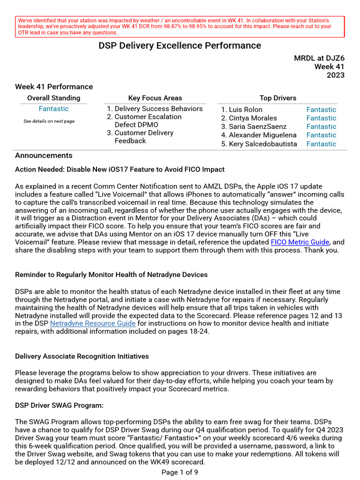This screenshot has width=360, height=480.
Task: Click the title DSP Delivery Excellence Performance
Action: pyautogui.click(x=180, y=45)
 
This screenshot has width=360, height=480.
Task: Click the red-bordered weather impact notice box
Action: pyautogui.click(x=180, y=27)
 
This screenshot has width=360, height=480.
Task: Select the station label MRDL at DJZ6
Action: pyautogui.click(x=319, y=58)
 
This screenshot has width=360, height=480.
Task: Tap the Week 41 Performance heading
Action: pyautogui.click(x=54, y=87)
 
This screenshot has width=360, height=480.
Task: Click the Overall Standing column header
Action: pyautogui.click(x=53, y=98)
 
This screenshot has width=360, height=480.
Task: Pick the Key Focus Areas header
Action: pyautogui.click(x=155, y=98)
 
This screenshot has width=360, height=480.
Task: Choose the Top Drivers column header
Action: pyautogui.click(x=277, y=98)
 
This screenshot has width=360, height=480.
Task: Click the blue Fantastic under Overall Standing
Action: pyautogui.click(x=53, y=109)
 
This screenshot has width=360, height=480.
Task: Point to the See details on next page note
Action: pyautogui.click(x=49, y=121)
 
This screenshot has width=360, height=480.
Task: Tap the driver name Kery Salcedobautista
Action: pyautogui.click(x=262, y=144)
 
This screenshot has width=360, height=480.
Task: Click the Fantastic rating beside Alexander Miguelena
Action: pyautogui.click(x=321, y=135)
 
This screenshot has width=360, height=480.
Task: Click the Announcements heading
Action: pyautogui.click(x=44, y=156)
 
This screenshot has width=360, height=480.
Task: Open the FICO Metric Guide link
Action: pyautogui.click(x=300, y=242)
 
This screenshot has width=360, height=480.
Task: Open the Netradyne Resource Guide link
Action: pyautogui.click(x=93, y=323)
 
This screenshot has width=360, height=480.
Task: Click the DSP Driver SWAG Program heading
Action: pyautogui.click(x=59, y=405)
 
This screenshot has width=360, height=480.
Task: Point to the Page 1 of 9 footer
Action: pyautogui.click(x=180, y=472)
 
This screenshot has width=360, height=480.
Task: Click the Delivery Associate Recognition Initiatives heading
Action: pyautogui.click(x=82, y=356)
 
